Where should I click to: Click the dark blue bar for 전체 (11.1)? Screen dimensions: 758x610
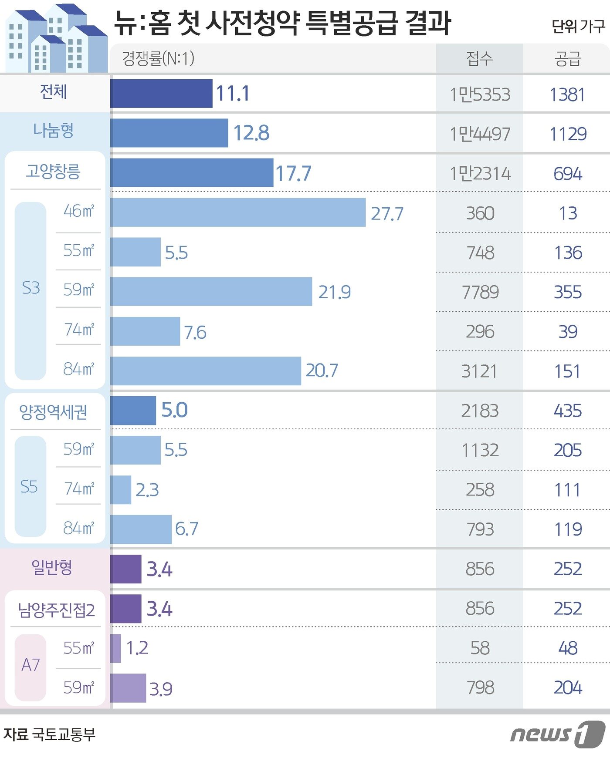pyautogui.click(x=161, y=93)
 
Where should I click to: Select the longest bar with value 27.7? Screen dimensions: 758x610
pyautogui.click(x=238, y=212)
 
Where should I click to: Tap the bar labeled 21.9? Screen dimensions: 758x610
pyautogui.click(x=211, y=291)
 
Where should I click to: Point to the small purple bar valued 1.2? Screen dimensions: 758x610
pyautogui.click(x=115, y=648)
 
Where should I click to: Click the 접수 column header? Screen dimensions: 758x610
pyautogui.click(x=479, y=58)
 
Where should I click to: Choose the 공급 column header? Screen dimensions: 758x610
pyautogui.click(x=567, y=58)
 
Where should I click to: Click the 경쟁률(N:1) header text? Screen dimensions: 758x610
pyautogui.click(x=158, y=58)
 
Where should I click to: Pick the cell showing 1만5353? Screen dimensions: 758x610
pyautogui.click(x=479, y=94)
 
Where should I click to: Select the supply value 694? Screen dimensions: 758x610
pyautogui.click(x=567, y=174)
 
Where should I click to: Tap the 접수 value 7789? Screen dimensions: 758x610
pyautogui.click(x=480, y=292)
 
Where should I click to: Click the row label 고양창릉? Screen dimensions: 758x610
pyautogui.click(x=53, y=171)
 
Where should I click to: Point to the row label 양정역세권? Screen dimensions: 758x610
pyautogui.click(x=53, y=412)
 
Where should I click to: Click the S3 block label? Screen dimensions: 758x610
pyautogui.click(x=30, y=288)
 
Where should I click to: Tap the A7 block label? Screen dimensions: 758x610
pyautogui.click(x=30, y=665)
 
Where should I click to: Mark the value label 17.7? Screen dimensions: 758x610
pyautogui.click(x=293, y=173)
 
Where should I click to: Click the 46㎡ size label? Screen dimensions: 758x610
pyautogui.click(x=78, y=211)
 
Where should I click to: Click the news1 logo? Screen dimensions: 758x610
pyautogui.click(x=557, y=734)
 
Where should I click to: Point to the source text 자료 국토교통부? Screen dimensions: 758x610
pyautogui.click(x=49, y=734)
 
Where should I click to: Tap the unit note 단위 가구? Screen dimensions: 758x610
pyautogui.click(x=578, y=27)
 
